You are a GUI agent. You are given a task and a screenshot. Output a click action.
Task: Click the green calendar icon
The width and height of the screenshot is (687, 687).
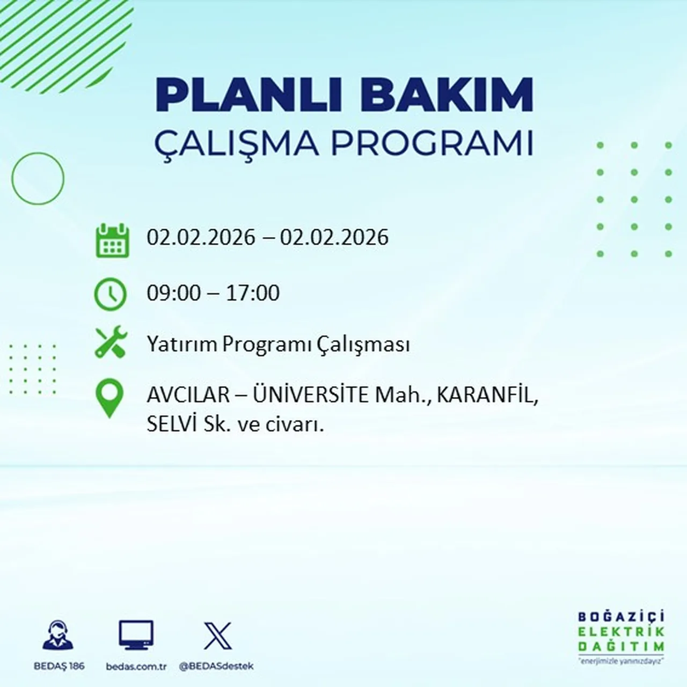(x=112, y=240)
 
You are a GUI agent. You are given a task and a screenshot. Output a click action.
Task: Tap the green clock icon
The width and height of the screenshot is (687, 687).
(x=111, y=294)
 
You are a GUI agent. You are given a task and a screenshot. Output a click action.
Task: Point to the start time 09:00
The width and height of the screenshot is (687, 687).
(x=173, y=293)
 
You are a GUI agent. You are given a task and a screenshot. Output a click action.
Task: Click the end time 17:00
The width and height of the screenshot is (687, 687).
(x=253, y=293)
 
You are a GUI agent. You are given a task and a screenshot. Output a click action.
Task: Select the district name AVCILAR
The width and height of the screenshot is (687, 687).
(x=188, y=396)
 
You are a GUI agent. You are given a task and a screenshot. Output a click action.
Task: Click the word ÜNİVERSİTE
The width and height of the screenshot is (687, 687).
(x=311, y=396)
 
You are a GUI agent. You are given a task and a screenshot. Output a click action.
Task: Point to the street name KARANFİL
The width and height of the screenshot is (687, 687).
(x=486, y=396)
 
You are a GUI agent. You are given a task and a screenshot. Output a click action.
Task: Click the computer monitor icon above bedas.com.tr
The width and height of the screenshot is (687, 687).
(x=136, y=635)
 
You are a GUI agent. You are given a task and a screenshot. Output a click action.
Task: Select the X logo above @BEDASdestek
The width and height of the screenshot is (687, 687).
(x=217, y=636)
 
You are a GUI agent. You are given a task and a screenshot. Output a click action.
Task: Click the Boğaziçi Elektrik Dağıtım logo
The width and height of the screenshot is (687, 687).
(x=621, y=637)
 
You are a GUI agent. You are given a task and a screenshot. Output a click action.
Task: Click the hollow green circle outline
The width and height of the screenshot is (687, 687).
(x=38, y=178)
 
